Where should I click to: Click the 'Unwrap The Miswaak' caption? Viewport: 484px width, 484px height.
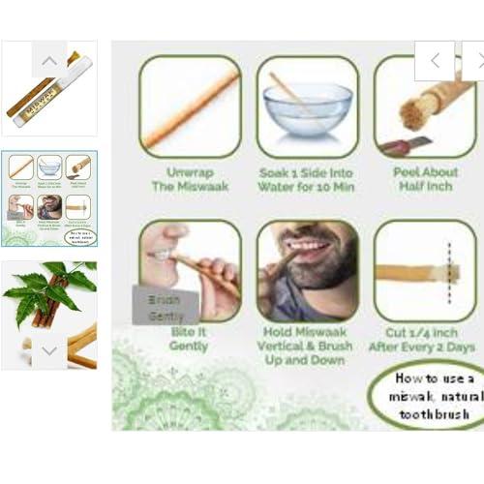190,179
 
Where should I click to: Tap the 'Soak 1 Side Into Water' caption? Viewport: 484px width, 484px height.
307,179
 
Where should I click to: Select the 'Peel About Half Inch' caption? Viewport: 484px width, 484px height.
426,179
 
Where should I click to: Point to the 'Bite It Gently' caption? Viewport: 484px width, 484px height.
189,339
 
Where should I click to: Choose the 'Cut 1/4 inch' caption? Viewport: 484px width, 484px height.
426,340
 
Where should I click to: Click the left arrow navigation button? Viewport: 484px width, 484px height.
435,60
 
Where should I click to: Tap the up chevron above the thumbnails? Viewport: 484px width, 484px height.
49,59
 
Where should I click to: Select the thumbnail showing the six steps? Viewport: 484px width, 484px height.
49,197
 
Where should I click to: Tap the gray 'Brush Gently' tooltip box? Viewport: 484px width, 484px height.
165,306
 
